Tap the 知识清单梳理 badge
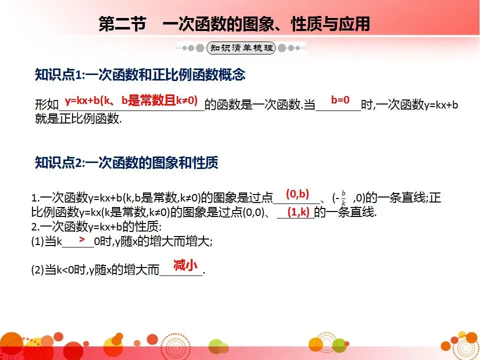(x=241, y=48)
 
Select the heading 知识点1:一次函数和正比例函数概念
(x=140, y=75)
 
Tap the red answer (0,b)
(x=297, y=194)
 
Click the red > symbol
(x=81, y=241)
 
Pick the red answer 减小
(x=185, y=265)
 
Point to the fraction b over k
(x=343, y=198)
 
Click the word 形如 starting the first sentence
(x=46, y=105)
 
